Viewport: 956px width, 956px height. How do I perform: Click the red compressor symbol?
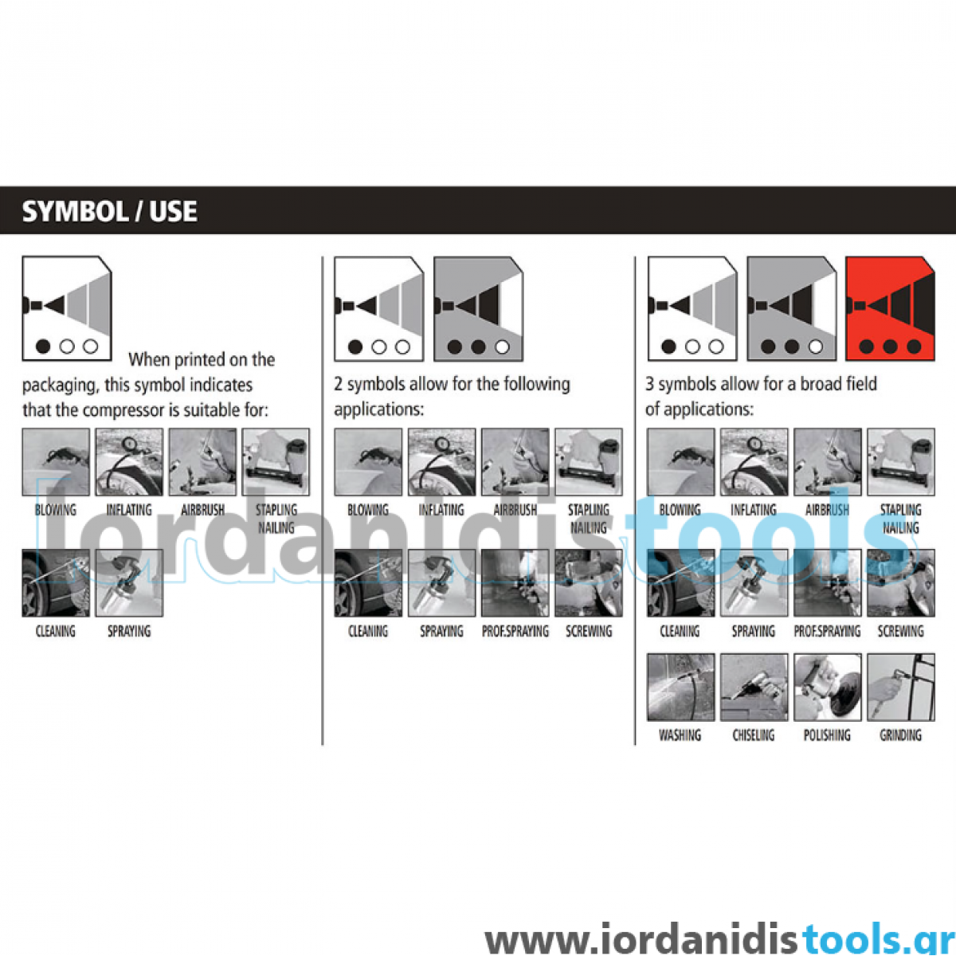click(890, 308)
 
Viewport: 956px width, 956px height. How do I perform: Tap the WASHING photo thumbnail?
click(680, 687)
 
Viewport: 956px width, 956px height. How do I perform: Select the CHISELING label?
click(754, 735)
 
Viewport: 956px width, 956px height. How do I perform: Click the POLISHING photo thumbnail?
click(827, 687)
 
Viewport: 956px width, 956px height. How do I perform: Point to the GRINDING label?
click(900, 735)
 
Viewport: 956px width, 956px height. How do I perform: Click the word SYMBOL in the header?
click(74, 211)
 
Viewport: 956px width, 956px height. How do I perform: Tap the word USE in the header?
click(173, 211)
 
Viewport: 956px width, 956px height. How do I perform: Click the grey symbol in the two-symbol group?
click(478, 308)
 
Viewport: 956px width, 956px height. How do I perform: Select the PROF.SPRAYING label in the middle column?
click(515, 631)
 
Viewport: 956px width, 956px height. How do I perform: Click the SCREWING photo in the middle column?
click(589, 583)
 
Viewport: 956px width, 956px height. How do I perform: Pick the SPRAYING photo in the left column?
click(129, 583)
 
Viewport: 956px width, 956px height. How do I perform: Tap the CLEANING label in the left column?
click(56, 631)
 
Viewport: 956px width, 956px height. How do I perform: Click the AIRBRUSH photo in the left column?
click(202, 462)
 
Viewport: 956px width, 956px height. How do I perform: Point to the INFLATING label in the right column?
click(754, 510)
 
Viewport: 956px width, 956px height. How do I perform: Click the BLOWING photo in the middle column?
click(368, 462)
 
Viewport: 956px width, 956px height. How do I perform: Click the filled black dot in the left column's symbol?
click(44, 347)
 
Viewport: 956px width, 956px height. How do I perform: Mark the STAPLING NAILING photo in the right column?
click(901, 462)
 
